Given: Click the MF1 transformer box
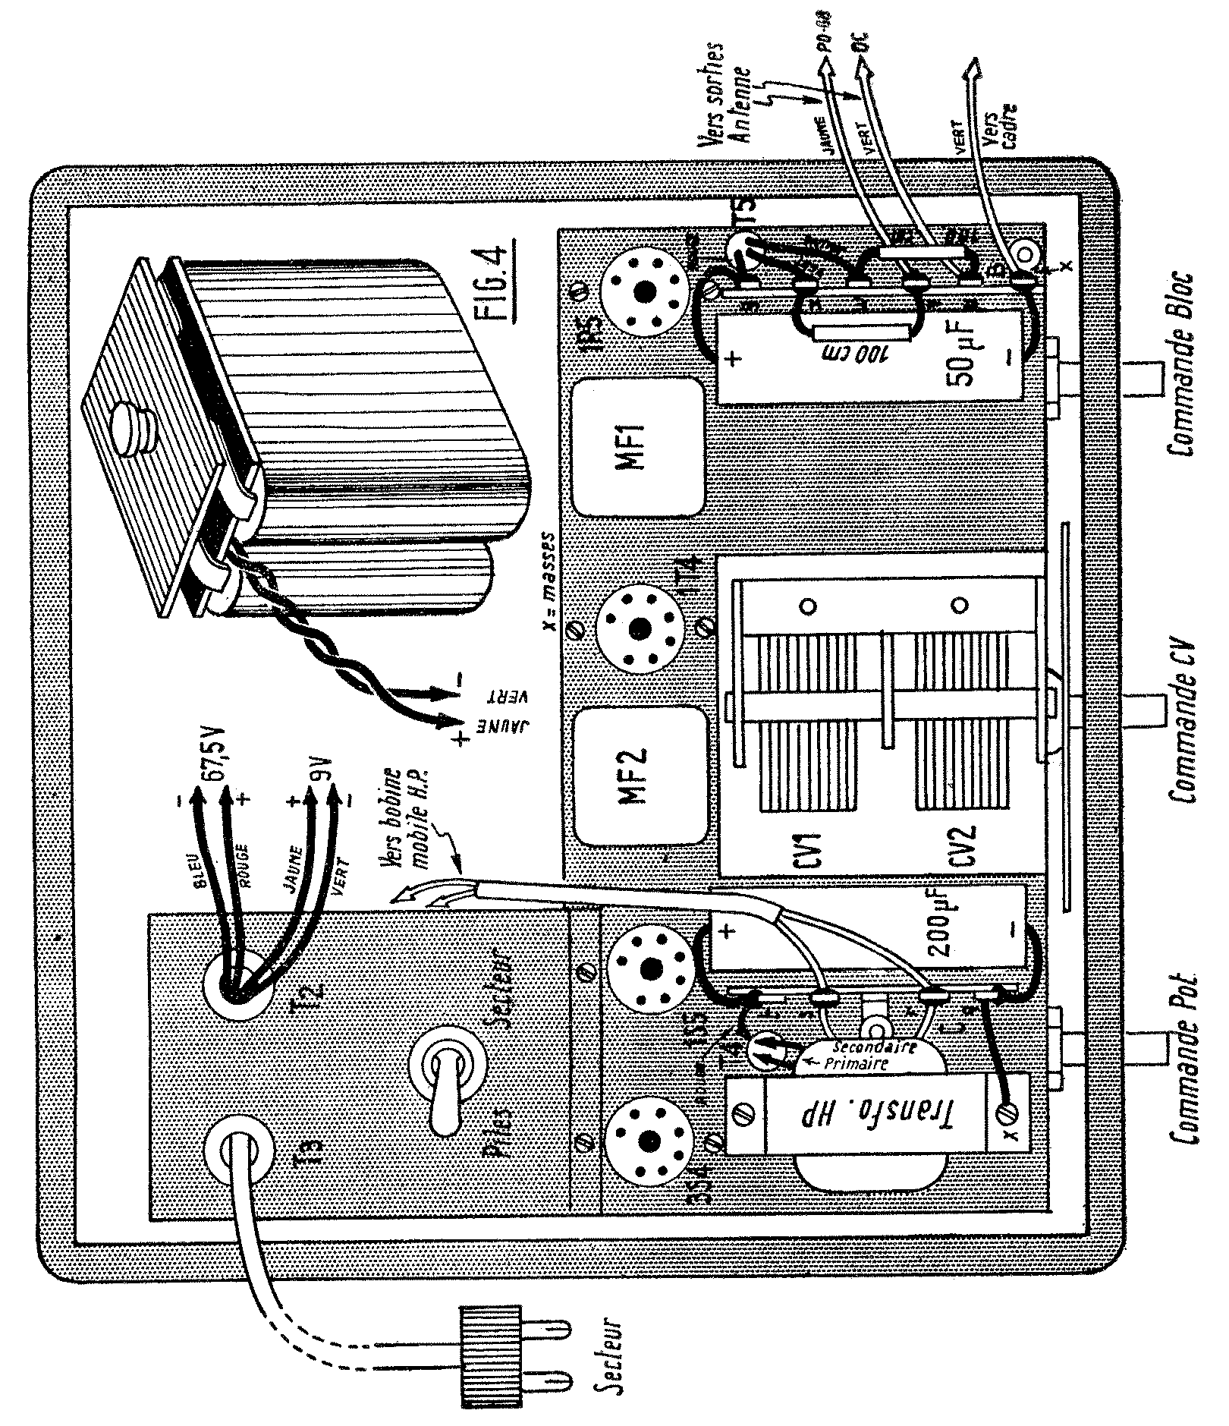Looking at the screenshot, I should click(x=636, y=448).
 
